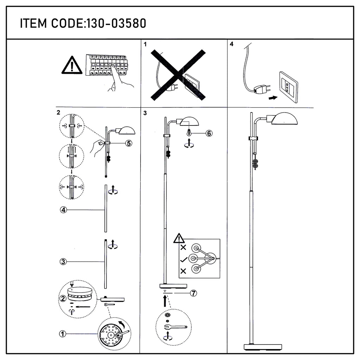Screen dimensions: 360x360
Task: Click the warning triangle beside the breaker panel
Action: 72,65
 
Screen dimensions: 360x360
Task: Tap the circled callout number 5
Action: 129,143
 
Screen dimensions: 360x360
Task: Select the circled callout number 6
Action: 209,133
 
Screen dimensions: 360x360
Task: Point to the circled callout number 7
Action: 194,293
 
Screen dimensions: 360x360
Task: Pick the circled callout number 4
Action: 63,210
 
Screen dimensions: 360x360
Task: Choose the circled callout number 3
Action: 63,262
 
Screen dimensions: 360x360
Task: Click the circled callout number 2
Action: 63,298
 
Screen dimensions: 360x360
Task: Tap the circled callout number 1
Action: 63,334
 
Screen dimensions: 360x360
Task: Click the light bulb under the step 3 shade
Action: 189,132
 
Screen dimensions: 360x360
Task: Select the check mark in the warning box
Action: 184,260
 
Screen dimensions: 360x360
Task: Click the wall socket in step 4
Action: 288,87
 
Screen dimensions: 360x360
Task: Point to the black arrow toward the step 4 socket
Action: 273,98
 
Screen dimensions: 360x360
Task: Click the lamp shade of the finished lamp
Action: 284,118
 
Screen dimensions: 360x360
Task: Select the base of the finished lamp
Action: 263,347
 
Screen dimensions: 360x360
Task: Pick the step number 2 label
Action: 58,112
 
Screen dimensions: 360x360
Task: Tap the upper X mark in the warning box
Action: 183,247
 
